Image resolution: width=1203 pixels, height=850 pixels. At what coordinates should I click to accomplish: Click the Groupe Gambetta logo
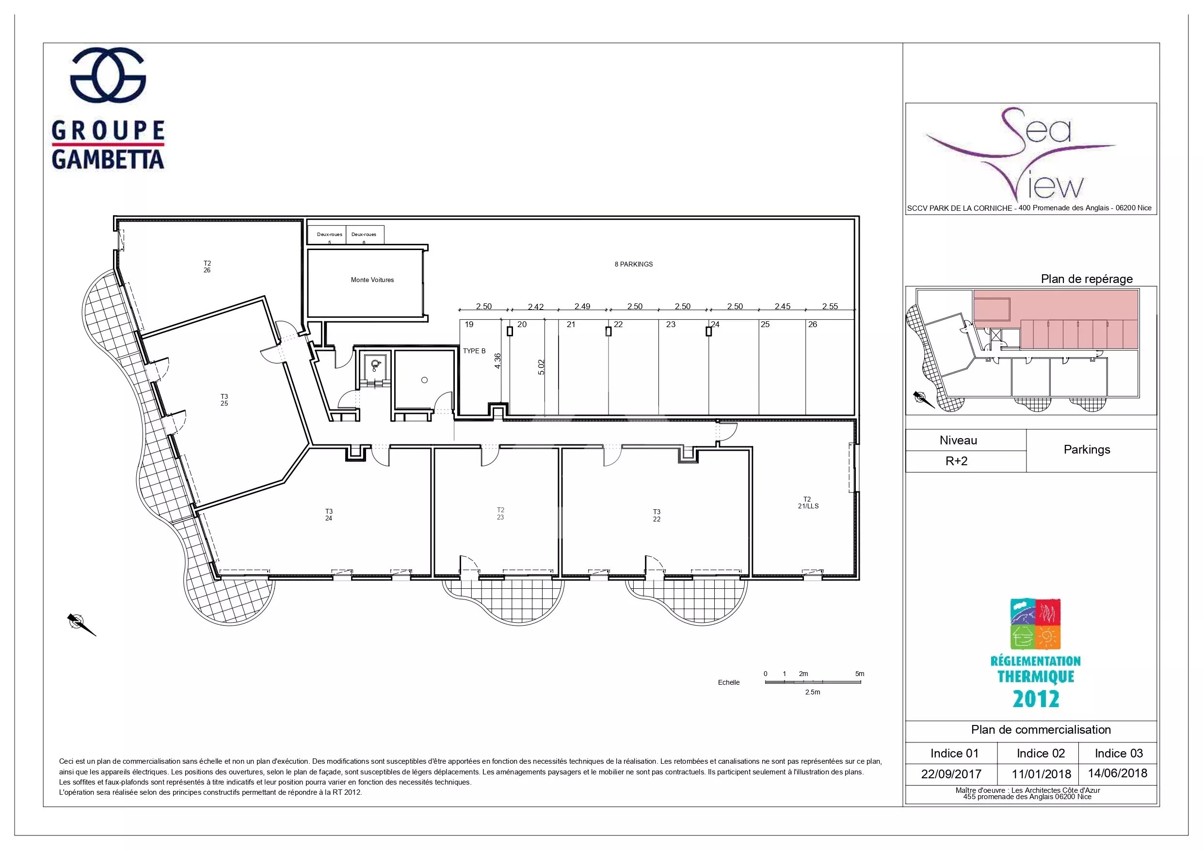108,109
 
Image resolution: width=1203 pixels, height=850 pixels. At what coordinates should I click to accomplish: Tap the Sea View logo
1021,155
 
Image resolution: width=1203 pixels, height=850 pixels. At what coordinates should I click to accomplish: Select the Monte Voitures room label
372,280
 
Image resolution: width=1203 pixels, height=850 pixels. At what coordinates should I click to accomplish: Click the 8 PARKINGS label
633,265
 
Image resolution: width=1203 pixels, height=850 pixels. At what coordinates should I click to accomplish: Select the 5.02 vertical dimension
541,367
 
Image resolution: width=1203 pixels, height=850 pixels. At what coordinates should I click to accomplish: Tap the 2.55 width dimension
830,306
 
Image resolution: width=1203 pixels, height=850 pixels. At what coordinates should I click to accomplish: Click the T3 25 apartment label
224,400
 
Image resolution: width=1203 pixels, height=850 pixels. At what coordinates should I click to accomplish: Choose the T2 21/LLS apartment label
808,503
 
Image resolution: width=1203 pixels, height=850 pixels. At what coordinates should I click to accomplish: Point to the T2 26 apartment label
207,267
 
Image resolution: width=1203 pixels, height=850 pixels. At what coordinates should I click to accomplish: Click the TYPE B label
474,351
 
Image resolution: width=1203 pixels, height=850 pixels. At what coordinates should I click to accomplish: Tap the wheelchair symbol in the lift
375,365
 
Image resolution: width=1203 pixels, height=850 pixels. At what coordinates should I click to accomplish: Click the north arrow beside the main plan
81,624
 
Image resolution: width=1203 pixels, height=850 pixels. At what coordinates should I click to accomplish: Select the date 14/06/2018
1118,773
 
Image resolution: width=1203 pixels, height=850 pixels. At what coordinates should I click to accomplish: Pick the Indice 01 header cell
954,753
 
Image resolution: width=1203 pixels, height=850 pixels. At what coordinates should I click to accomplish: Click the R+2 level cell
956,461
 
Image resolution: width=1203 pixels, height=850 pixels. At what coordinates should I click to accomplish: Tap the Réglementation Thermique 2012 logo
1036,654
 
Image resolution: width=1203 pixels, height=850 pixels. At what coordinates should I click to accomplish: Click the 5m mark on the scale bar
859,674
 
